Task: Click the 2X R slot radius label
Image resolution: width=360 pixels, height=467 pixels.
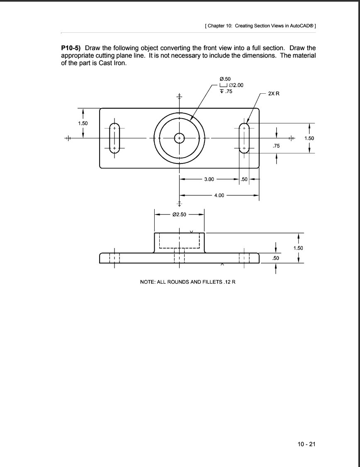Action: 274,93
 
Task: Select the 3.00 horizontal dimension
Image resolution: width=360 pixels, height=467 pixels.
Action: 209,179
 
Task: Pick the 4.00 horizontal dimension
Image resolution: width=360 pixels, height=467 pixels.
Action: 219,195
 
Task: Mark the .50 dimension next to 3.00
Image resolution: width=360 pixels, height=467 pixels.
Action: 244,179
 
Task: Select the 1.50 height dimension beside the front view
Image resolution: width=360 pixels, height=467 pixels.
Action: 298,248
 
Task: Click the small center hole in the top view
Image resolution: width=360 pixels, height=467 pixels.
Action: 179,138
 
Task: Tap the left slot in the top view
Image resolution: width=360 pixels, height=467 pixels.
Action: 115,138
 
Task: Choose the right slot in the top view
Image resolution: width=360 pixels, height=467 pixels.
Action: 244,138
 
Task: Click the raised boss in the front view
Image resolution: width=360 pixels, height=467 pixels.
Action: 179,242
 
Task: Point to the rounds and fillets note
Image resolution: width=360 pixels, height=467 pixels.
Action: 188,282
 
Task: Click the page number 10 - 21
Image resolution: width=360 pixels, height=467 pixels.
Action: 306,444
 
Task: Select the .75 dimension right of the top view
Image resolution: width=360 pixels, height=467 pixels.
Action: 276,146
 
